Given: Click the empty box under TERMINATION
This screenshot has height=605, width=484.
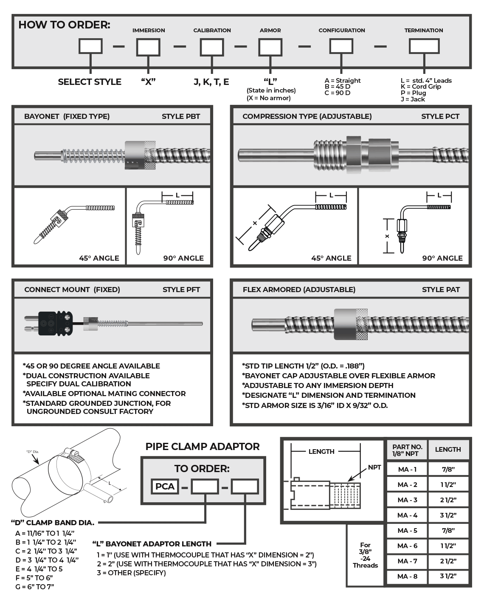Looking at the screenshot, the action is tap(424, 46).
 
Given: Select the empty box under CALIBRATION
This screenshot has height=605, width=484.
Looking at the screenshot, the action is tap(212, 47).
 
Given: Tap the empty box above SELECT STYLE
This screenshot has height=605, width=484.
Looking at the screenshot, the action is tap(90, 46).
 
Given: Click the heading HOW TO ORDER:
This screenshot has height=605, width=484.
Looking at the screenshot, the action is tap(64, 25).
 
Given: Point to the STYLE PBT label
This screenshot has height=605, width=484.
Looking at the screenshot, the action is tap(181, 116).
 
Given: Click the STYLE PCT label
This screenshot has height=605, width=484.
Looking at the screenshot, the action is tap(440, 116).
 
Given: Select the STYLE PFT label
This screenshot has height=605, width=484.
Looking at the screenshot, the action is tap(181, 290).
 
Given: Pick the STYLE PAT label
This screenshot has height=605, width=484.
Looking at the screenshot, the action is tap(441, 290).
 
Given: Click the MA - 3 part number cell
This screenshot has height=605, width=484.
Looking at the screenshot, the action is tap(407, 500).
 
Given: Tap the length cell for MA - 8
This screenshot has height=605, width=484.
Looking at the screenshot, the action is tap(448, 576).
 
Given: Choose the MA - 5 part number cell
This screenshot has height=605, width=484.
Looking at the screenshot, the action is tap(407, 530).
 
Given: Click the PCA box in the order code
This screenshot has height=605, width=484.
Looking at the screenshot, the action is tap(165, 487).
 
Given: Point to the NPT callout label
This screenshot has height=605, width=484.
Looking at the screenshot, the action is tap(374, 467).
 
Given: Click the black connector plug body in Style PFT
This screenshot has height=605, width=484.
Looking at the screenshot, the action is tap(56, 324).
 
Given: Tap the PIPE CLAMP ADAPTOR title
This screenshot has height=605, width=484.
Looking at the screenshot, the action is tap(203, 447).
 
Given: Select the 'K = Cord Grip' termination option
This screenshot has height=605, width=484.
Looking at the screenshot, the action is tap(420, 87).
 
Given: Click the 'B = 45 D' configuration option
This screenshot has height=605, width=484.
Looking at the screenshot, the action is tap(338, 87).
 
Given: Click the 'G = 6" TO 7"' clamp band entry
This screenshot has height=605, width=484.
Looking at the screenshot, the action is tap(35, 587).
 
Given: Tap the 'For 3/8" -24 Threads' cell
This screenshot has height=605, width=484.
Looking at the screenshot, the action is tap(365, 555).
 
